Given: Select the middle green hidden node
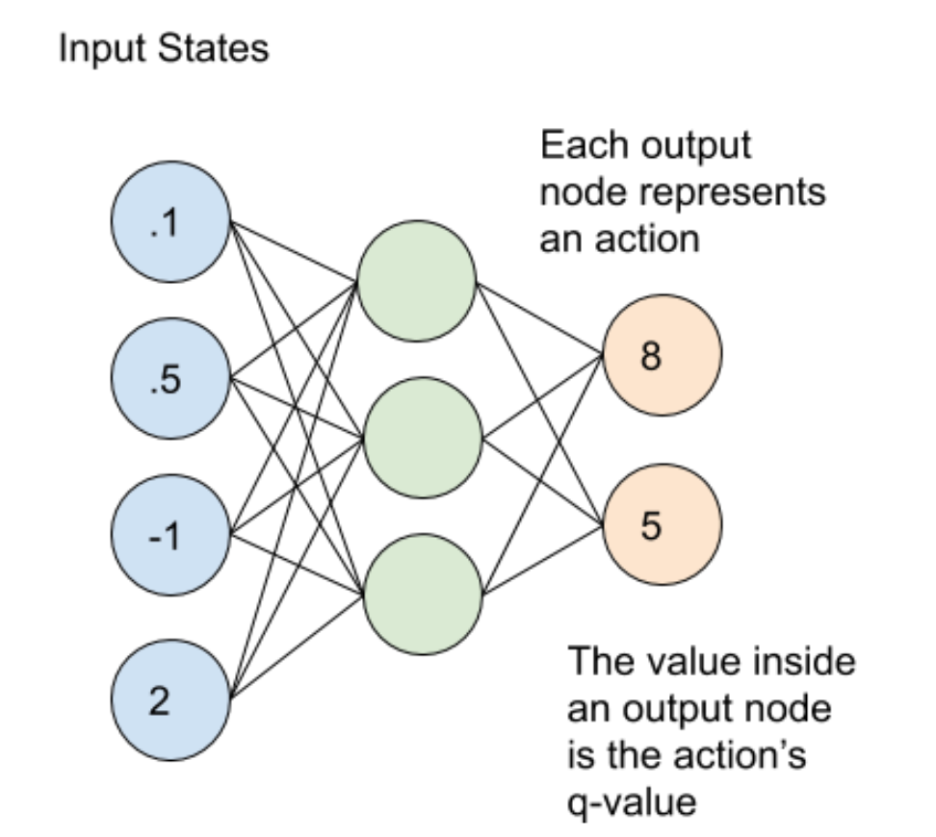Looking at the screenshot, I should pyautogui.click(x=422, y=439).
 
